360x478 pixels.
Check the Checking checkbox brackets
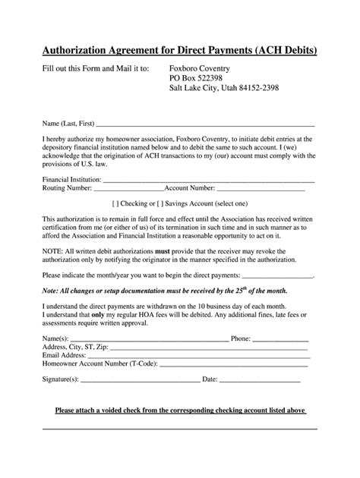click(x=115, y=203)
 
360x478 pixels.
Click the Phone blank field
click(x=280, y=339)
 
